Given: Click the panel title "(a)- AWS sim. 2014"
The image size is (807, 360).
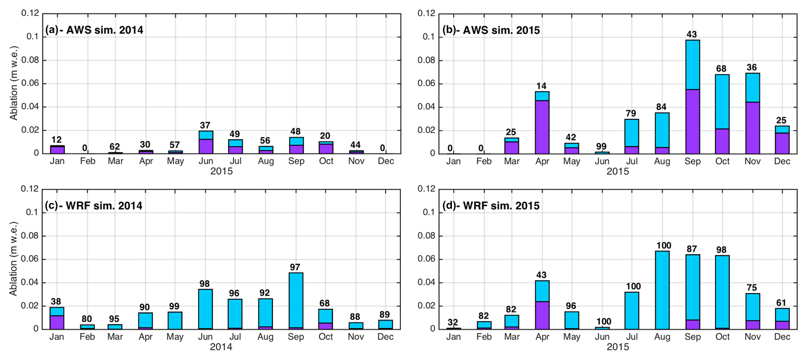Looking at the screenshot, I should click(94, 30).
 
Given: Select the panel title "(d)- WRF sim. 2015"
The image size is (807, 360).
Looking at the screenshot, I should click(491, 206).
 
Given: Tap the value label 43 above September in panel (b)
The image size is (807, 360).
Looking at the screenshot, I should click(691, 34).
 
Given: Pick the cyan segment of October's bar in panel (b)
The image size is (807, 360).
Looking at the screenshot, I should click(722, 101).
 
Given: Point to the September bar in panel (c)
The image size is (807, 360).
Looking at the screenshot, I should click(296, 300).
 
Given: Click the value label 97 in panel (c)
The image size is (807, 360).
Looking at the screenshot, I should click(295, 267).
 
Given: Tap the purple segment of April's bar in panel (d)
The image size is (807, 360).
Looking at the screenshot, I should click(542, 315).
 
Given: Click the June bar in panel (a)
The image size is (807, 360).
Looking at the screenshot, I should click(206, 142).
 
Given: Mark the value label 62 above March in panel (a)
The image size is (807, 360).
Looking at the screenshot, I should click(115, 147).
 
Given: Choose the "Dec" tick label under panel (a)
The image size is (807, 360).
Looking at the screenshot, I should click(386, 161).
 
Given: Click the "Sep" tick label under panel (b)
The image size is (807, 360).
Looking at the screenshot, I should click(692, 161).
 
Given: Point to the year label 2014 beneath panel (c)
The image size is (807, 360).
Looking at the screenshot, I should click(221, 347).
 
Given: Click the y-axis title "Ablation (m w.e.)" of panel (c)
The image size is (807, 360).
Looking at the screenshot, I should click(14, 259).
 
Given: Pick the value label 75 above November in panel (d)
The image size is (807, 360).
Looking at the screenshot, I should click(752, 288).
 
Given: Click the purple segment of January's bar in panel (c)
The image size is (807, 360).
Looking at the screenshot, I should click(57, 322).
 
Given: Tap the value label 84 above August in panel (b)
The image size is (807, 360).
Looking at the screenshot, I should click(661, 107).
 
